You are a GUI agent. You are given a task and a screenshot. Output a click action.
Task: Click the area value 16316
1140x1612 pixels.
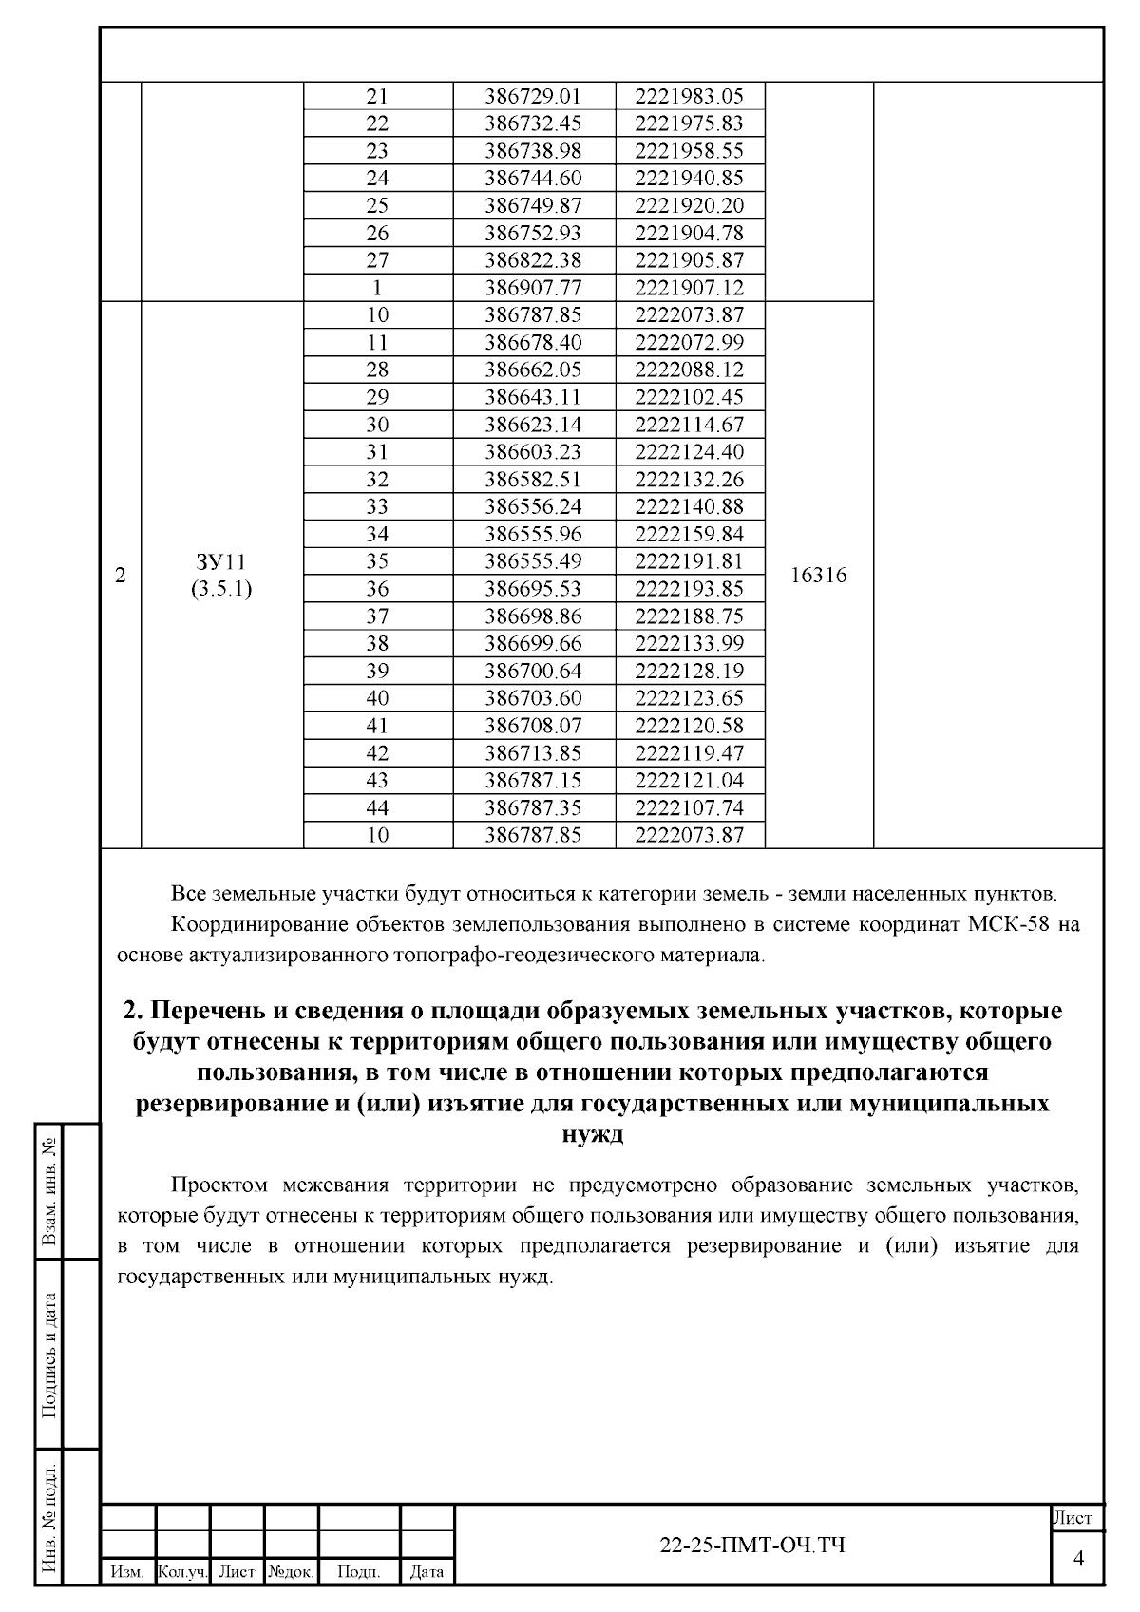click(x=818, y=576)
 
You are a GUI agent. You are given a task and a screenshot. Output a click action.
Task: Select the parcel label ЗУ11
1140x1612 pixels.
click(x=221, y=561)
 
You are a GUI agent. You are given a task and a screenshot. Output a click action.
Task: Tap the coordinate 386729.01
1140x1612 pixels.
click(x=533, y=96)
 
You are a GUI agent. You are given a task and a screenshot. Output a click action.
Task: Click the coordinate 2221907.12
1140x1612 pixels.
click(x=689, y=288)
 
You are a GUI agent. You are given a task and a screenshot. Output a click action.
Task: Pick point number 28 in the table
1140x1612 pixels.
click(x=377, y=370)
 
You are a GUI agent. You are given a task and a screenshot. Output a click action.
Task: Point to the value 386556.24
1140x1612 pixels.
click(x=533, y=506)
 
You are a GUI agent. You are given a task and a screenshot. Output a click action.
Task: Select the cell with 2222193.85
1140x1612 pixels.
click(x=689, y=589)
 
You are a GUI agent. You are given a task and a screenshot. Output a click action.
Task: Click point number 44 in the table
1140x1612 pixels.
click(x=377, y=808)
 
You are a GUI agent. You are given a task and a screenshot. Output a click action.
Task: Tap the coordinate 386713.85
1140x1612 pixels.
click(x=533, y=753)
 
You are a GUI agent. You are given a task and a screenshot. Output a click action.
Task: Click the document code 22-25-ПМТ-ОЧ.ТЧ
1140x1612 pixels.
click(x=752, y=1546)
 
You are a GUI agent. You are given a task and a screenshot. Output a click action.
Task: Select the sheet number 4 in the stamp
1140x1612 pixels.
click(x=1078, y=1559)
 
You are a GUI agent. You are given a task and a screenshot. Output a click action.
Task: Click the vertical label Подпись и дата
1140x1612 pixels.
click(x=50, y=1356)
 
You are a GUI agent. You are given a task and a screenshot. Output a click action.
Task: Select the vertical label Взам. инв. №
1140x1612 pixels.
click(x=50, y=1193)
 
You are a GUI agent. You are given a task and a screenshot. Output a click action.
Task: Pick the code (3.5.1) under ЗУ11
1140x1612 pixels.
click(x=221, y=590)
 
